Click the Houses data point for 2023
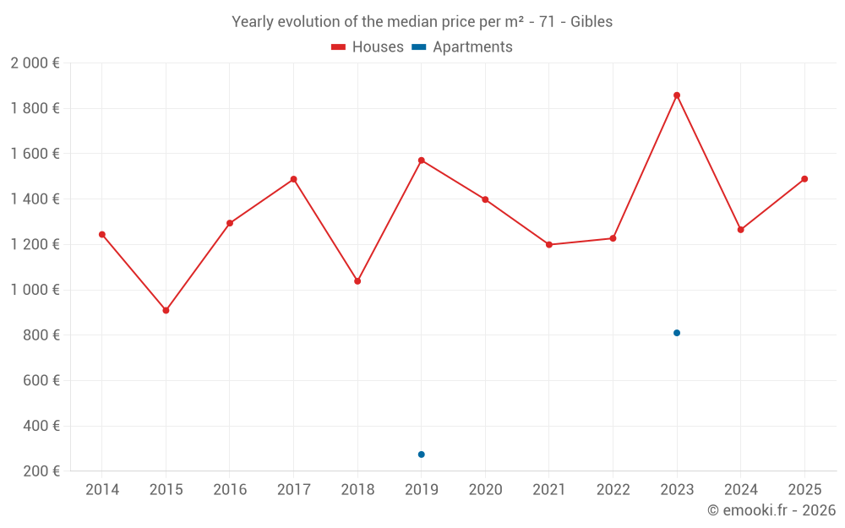tap(677, 95)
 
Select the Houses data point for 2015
tap(166, 311)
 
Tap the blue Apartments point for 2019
tap(422, 455)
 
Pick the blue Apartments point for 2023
tap(677, 333)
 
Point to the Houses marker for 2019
tap(422, 161)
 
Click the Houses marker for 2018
tap(357, 281)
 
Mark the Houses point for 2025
tap(804, 179)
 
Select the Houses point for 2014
tap(102, 235)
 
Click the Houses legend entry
tap(368, 47)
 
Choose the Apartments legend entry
tap(462, 47)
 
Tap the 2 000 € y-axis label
tap(35, 63)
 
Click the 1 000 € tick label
tap(35, 290)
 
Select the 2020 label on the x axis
tap(485, 490)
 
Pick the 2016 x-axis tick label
tap(230, 490)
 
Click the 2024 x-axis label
tap(741, 490)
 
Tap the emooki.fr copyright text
tap(771, 510)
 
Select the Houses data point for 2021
tap(549, 245)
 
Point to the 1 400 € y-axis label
tap(35, 199)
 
